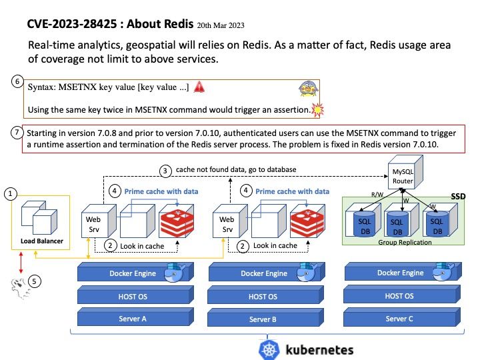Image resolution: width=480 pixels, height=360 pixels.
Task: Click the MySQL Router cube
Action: pyautogui.click(x=405, y=173)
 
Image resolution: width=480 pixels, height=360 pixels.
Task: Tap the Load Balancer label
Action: pyautogui.click(x=42, y=241)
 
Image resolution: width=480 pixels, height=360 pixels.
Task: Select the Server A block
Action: pyautogui.click(x=135, y=317)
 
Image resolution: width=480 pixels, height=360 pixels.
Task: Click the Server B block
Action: pyautogui.click(x=266, y=317)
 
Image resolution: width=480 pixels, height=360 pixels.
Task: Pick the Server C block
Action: pyautogui.click(x=402, y=317)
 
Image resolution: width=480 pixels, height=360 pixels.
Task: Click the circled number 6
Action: pyautogui.click(x=17, y=81)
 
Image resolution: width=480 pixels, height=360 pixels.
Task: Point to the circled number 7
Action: pyautogui.click(x=17, y=133)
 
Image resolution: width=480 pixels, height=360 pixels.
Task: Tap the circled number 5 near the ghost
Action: pyautogui.click(x=34, y=281)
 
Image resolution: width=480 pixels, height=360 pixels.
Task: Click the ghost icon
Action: pyautogui.click(x=19, y=289)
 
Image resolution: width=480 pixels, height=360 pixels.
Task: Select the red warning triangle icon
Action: pyautogui.click(x=199, y=87)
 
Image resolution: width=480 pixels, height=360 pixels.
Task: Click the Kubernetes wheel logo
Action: pyautogui.click(x=269, y=349)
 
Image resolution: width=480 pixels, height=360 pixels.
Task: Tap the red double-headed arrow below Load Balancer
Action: pyautogui.click(x=21, y=263)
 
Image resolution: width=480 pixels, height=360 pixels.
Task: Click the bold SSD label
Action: pyautogui.click(x=458, y=197)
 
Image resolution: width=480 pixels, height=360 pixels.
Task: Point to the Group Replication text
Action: pyautogui.click(x=405, y=242)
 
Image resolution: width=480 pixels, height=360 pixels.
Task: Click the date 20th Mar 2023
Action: pyautogui.click(x=221, y=25)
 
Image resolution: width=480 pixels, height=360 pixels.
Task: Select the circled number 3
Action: pyautogui.click(x=165, y=171)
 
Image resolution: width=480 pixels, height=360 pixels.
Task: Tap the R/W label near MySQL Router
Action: pyautogui.click(x=377, y=195)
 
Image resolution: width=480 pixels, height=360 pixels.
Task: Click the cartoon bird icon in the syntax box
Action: pyautogui.click(x=309, y=89)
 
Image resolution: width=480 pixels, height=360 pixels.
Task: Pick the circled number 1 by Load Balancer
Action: pyautogui.click(x=11, y=194)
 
